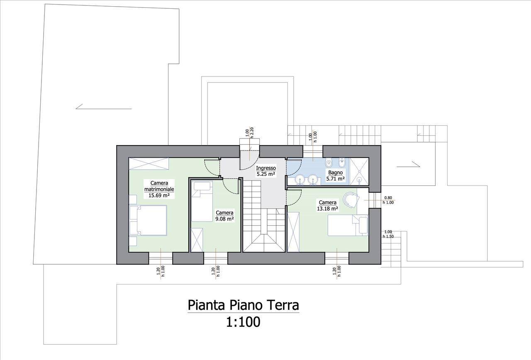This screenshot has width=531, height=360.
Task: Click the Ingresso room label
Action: click(x=266, y=168)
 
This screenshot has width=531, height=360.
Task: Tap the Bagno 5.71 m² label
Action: click(x=336, y=175)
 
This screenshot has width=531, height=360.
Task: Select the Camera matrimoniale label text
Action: click(x=159, y=186)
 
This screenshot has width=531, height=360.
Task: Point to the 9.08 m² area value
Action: click(x=224, y=219)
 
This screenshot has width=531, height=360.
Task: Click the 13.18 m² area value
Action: click(x=327, y=209)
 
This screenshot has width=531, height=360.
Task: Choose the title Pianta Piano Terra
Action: click(x=243, y=305)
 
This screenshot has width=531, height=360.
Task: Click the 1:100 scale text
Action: click(x=243, y=322)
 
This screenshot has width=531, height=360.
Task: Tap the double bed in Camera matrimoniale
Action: click(x=148, y=220)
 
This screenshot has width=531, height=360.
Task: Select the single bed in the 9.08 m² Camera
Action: click(x=202, y=201)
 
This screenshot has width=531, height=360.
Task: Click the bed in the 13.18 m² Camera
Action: click(x=348, y=225)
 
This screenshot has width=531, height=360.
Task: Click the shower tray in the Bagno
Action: click(x=359, y=171)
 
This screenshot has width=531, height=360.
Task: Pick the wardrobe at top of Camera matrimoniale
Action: click(x=149, y=163)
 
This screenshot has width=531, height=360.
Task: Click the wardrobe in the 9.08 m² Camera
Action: click(x=197, y=240)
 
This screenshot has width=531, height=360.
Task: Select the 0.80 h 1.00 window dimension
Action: click(x=388, y=200)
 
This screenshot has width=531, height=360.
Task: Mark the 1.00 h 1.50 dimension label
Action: click(x=388, y=234)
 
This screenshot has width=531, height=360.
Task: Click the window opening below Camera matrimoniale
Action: click(x=161, y=258)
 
